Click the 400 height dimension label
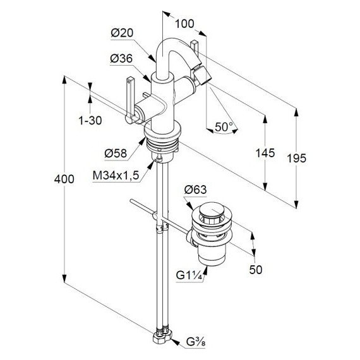coord(64,179)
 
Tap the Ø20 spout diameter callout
coord(122,33)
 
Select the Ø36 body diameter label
coord(121,59)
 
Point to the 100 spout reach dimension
coord(184,23)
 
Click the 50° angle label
coord(224,127)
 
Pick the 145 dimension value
coord(265,153)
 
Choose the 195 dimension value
coord(297,159)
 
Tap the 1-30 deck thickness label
coord(90,121)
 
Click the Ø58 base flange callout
coord(116,153)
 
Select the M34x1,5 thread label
coord(116,176)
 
